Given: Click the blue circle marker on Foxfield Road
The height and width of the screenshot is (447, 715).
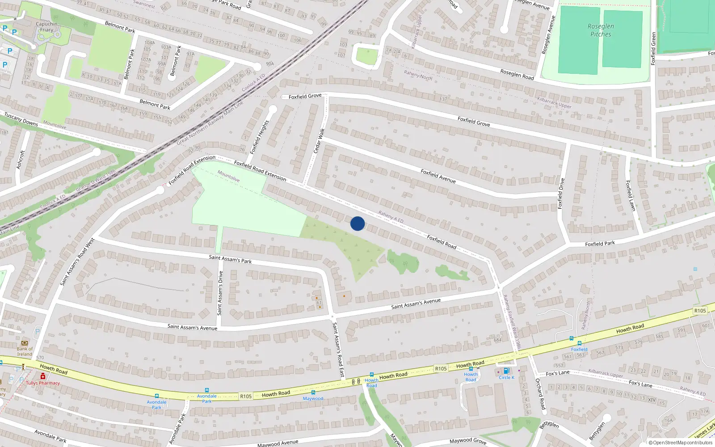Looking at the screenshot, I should coord(357,223).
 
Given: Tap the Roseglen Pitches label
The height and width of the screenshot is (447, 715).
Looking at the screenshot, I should coord(601,30).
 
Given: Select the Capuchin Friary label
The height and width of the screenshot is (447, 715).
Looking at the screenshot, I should coord(46,27).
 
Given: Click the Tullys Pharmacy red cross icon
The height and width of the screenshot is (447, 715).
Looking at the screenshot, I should coord(43,376).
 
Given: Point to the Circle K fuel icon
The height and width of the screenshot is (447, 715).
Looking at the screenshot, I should coord(506,371).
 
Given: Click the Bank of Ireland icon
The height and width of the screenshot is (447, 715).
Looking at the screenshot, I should coord(25,342).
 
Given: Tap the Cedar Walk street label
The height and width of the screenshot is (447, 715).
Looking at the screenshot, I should coord(319,141).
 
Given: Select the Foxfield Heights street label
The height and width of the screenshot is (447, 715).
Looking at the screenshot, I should coord(259,137).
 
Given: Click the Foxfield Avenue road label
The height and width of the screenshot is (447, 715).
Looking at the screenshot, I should coord(438,176).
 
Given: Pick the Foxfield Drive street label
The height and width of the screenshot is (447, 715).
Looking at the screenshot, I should coord(561,193).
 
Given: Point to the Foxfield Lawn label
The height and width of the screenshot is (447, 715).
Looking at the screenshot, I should coord(630,196).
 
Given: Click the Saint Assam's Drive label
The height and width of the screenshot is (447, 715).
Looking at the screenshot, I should coord(220,293).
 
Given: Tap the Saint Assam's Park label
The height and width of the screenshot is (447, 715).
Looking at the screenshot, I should coord(230,259).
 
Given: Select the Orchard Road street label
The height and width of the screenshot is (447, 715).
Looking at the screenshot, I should coord(540,394).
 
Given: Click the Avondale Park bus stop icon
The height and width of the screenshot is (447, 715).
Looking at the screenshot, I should coord(156,396).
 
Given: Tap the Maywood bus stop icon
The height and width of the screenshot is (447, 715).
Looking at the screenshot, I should coord(313,392).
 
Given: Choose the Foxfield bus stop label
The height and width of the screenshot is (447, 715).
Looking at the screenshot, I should coord(579,350).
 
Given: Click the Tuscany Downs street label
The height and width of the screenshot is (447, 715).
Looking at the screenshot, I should coord(21,119).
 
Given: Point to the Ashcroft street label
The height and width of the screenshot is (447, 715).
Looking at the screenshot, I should coord(21,160).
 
